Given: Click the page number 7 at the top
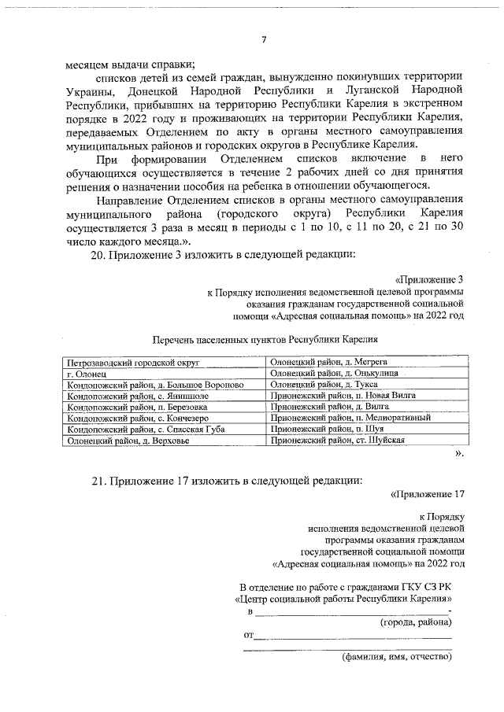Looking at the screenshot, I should [x=264, y=41].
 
